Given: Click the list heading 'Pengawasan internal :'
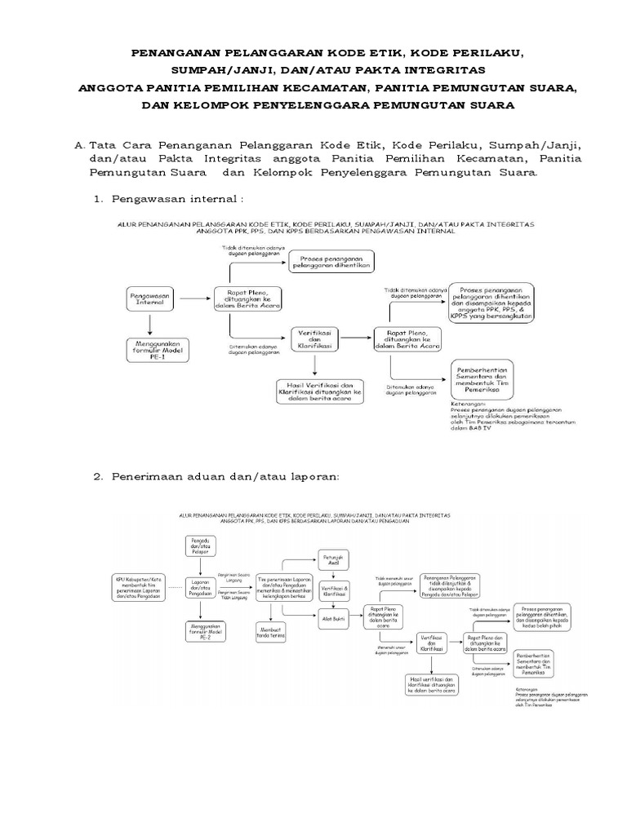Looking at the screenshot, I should [x=177, y=199].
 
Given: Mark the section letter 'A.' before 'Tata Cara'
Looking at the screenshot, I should [x=79, y=144].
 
